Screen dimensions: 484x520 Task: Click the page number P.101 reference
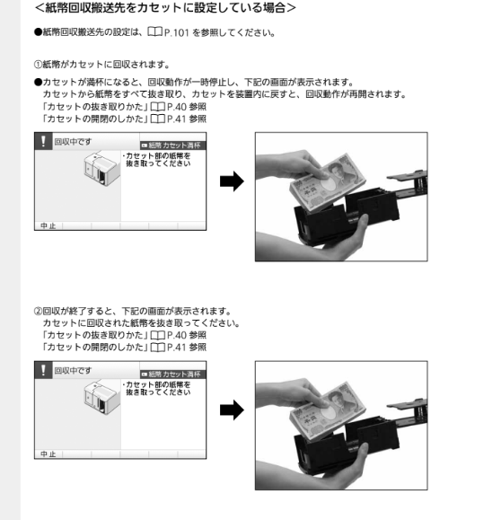[176, 33]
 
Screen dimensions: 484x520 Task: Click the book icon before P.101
[154, 31]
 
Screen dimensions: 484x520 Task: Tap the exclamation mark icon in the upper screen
[43, 141]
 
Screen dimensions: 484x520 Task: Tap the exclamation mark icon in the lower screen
[43, 370]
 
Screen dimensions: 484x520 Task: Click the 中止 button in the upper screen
[48, 225]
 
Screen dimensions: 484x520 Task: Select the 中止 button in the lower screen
[48, 454]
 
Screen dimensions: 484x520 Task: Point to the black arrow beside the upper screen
[232, 181]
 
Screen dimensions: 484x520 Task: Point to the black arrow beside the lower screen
[232, 410]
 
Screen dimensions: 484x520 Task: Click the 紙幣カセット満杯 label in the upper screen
[172, 145]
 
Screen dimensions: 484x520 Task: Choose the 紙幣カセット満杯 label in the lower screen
[172, 375]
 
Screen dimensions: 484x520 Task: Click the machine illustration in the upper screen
[101, 168]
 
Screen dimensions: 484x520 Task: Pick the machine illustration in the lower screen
[101, 397]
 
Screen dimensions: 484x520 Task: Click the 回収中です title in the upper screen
[73, 142]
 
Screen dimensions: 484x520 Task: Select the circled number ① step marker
[38, 65]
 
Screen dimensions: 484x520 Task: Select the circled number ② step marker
[38, 311]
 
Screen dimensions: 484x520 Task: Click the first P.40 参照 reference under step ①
[187, 107]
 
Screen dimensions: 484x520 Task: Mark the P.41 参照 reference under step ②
[187, 348]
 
